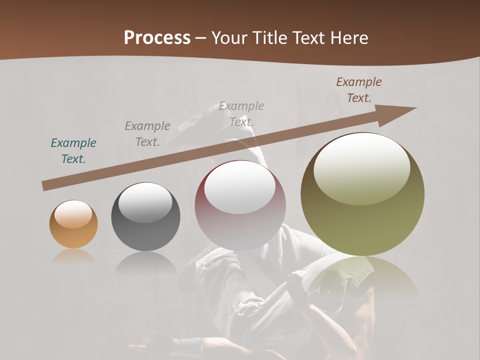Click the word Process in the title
[157, 38]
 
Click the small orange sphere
[73, 224]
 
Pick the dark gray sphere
[145, 216]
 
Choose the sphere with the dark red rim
[240, 205]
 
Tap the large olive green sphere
[362, 194]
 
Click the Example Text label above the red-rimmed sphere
[241, 113]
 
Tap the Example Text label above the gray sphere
[147, 134]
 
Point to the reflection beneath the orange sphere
[73, 256]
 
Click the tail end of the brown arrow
[45, 186]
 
